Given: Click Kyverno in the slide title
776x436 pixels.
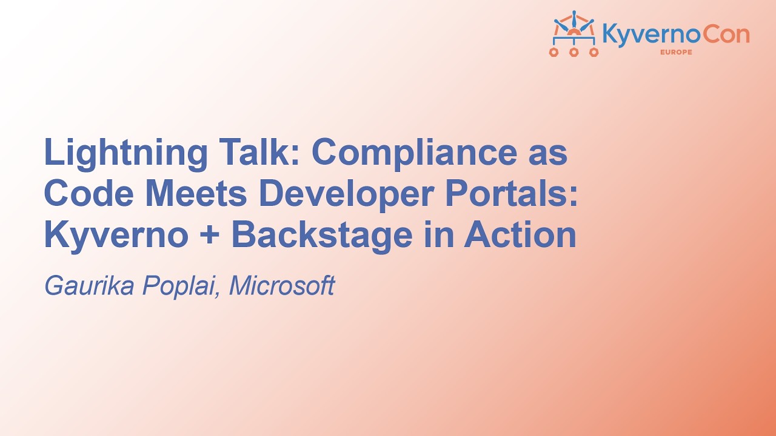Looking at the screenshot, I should (x=116, y=236).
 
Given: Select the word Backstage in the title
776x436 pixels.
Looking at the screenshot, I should (x=322, y=236).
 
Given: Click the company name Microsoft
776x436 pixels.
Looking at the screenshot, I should (x=281, y=285).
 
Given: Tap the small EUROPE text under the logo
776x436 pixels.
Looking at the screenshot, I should (x=675, y=52).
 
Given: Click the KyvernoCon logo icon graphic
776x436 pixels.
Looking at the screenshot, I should (x=574, y=34).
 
